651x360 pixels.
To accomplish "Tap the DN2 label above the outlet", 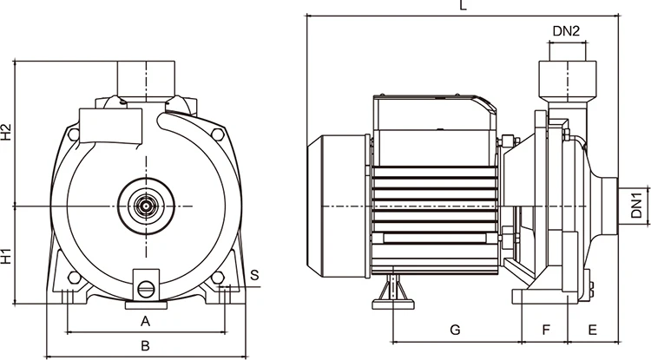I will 566,31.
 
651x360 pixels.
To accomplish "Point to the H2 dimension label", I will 7,133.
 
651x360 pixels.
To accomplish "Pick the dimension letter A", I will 146,321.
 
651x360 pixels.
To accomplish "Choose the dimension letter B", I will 146,346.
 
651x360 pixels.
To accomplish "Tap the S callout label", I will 253,275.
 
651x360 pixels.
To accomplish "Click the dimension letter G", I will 454,330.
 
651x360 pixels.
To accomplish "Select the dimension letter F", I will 546,330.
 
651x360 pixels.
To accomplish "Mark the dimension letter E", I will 592,330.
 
